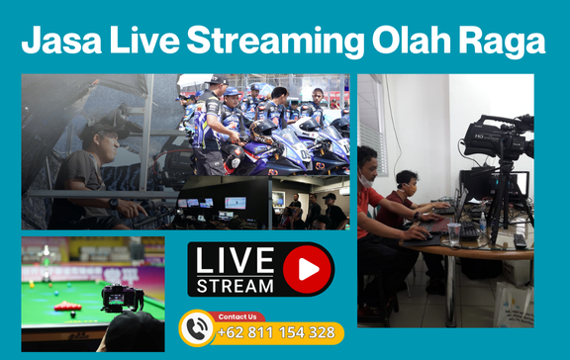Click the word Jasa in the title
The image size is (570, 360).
point(58,42)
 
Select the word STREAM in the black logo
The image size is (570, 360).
point(234,285)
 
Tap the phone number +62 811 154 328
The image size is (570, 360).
point(276,332)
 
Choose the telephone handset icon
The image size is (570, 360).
point(199,329)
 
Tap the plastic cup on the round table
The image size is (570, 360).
point(453,233)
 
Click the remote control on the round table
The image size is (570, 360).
point(520,240)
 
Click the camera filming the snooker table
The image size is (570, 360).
point(122,297)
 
